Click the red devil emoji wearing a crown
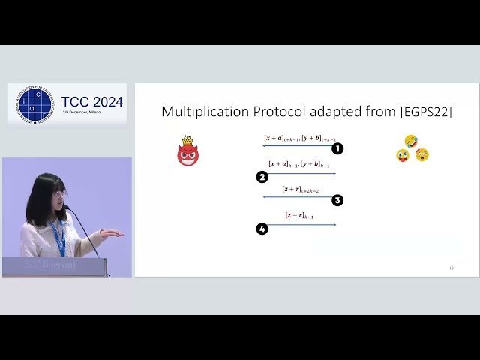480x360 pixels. (187, 152)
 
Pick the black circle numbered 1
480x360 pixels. (337, 149)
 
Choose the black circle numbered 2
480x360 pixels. (262, 178)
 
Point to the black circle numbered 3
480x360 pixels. (337, 200)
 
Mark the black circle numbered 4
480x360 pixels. (262, 229)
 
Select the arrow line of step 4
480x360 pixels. (300, 224)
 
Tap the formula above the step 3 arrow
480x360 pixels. (300, 190)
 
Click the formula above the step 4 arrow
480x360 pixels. (300, 216)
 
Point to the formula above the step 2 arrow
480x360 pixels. (299, 164)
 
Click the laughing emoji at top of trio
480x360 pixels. (410, 141)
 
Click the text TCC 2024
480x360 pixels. (92, 102)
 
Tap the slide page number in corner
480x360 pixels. (451, 268)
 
